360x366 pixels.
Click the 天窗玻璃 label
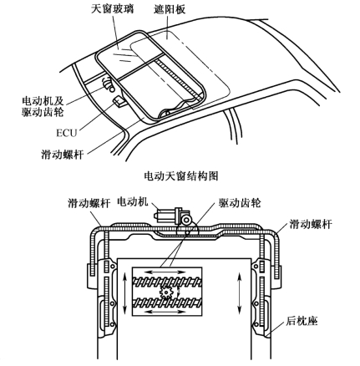pos(113,8)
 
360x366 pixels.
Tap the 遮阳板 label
pos(170,9)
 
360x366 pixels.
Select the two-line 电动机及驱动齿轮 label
pos(43,106)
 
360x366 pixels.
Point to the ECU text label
pos(66,133)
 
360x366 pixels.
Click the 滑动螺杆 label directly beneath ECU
pos(63,154)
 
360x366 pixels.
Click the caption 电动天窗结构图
pos(181,176)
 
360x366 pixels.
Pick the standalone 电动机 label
pos(133,201)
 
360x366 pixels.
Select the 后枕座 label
pos(302,322)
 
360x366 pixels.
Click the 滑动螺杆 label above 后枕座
pos(311,224)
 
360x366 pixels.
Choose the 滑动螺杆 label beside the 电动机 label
pos(89,203)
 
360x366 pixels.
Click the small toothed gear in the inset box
pos(166,292)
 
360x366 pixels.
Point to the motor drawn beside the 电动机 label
pos(172,216)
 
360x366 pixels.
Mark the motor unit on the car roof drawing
pos(109,84)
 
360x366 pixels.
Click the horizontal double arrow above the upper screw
pos(167,272)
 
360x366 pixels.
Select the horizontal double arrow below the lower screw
pos(166,311)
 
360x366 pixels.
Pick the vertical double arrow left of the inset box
pos(125,292)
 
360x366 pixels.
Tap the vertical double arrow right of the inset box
pos(239,293)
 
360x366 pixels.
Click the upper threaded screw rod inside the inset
pos(167,282)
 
